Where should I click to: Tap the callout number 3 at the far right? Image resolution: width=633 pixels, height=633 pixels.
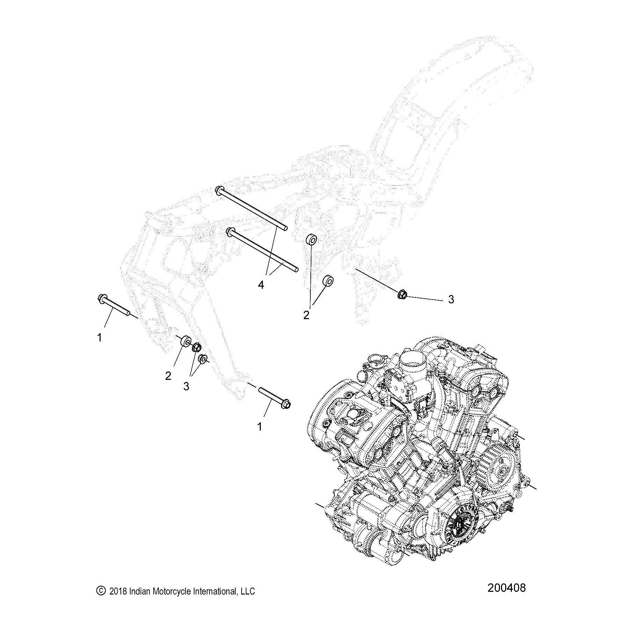[451, 299]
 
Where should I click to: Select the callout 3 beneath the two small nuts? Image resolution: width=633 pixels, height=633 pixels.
[186, 386]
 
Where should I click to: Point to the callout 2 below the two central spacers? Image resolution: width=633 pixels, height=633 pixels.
[306, 315]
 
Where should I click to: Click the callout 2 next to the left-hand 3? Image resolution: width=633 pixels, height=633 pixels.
[168, 376]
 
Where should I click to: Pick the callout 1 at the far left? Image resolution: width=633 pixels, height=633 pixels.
[100, 337]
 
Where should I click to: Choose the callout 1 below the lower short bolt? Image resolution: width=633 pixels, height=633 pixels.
[259, 426]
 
